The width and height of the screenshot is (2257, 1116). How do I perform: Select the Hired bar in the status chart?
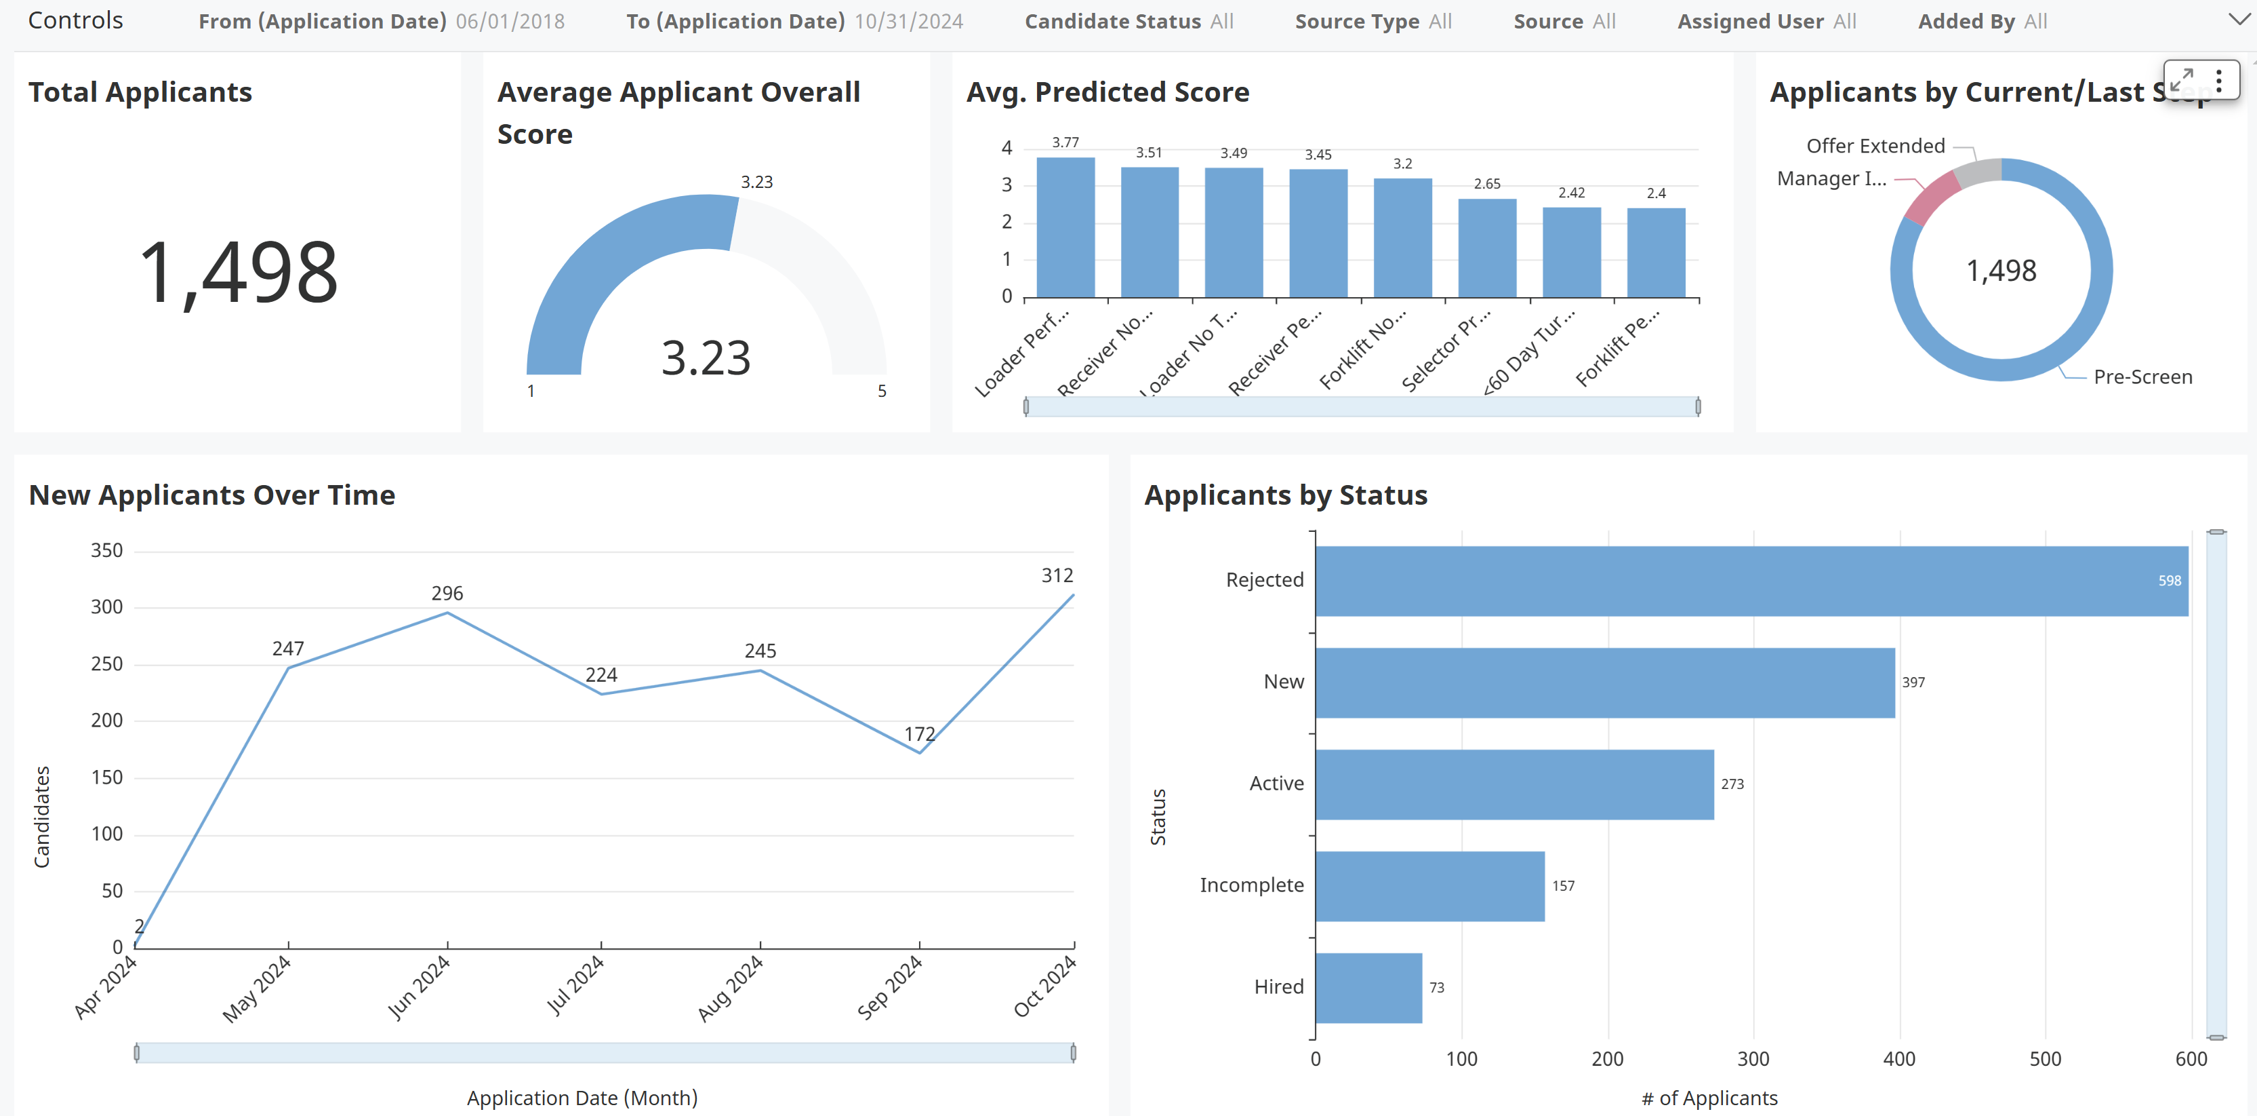1368,987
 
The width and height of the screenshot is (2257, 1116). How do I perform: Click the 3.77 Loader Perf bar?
1065,227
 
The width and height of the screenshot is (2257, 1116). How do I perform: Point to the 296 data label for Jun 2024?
447,594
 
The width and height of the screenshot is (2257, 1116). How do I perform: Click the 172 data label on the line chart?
919,734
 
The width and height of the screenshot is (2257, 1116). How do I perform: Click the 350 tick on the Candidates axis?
107,551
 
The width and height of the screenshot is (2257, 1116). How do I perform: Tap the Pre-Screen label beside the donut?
2142,377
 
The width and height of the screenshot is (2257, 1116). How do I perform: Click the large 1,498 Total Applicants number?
239,273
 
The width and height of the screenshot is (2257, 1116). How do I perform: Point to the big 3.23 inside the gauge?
706,358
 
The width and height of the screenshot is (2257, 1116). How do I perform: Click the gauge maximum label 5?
881,391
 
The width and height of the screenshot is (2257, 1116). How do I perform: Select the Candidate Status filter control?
1128,21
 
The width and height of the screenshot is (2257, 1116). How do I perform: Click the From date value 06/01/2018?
510,21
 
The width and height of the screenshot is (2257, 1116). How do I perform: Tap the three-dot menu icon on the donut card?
2218,81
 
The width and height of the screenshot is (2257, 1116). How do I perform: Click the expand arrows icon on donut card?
2182,81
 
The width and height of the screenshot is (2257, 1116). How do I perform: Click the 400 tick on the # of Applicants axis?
1898,1059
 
